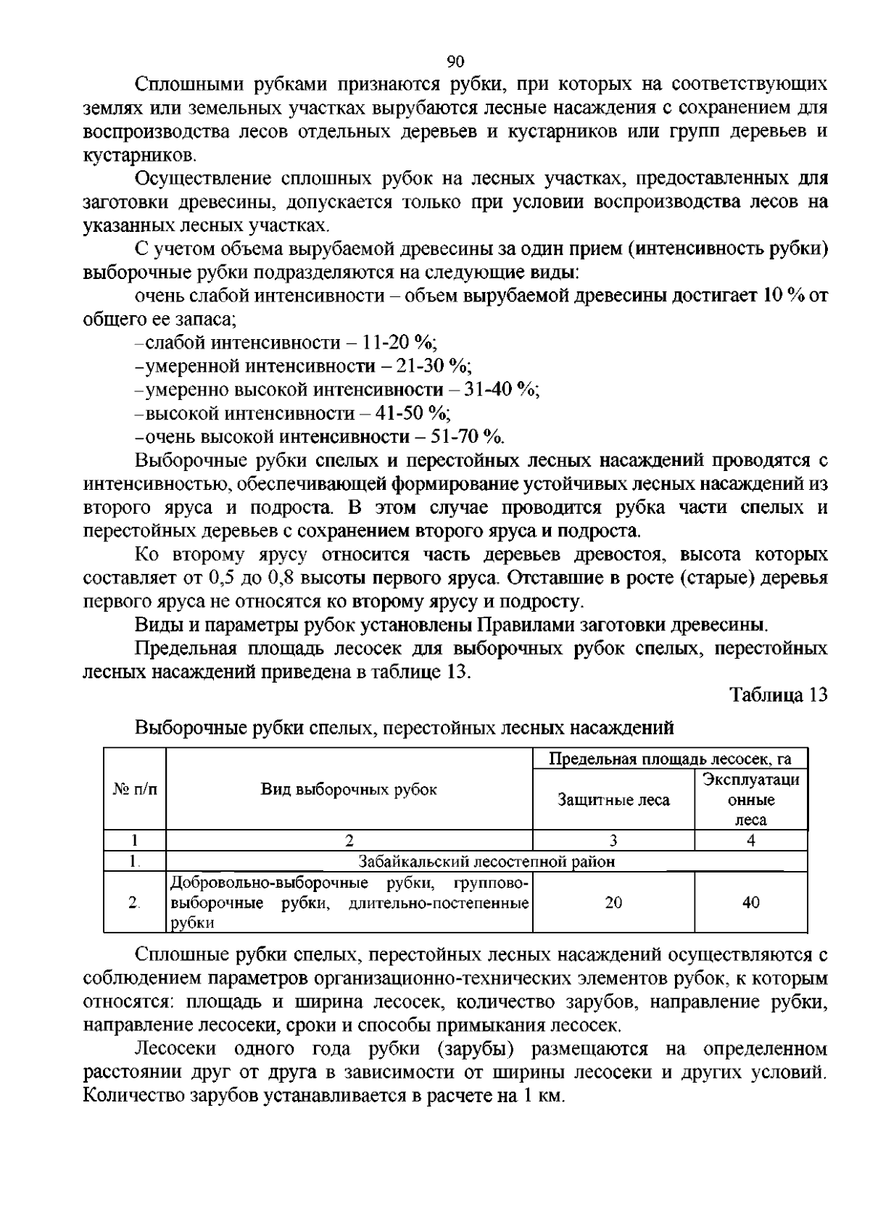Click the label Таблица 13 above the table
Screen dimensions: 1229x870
click(778, 695)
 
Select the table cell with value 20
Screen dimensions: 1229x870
click(613, 903)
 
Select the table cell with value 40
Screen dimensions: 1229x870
click(751, 903)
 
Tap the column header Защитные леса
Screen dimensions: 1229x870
click(613, 800)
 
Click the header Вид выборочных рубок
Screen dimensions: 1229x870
click(349, 790)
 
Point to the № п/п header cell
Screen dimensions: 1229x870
click(135, 790)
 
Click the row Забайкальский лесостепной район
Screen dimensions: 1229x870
click(486, 862)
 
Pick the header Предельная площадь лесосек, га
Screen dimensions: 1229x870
click(670, 759)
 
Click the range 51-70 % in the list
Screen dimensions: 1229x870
click(467, 437)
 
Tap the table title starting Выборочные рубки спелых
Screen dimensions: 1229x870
click(404, 727)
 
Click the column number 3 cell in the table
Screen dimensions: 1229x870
click(613, 841)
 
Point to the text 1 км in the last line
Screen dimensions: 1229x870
click(541, 1096)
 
